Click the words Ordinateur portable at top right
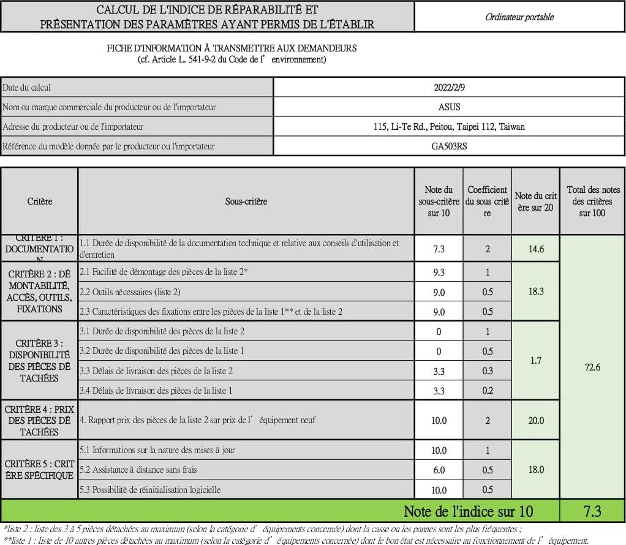[519, 17]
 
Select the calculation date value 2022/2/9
[449, 88]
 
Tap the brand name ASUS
[449, 107]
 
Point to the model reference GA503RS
[449, 146]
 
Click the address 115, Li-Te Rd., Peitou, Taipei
[449, 127]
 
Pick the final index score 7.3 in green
[592, 511]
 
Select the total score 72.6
[592, 367]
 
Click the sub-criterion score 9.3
[439, 272]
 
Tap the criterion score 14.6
[536, 249]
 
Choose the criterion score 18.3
[536, 291]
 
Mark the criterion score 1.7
[536, 361]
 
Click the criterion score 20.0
[536, 421]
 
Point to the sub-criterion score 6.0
[439, 470]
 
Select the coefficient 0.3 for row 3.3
[487, 371]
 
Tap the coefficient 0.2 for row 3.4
[487, 391]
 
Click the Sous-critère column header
[246, 201]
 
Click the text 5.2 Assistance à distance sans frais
[138, 470]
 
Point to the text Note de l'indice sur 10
[468, 511]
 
